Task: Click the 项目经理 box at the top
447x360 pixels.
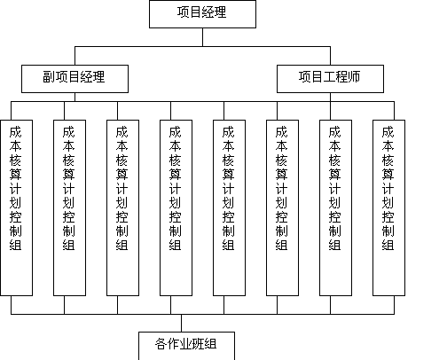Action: (x=202, y=14)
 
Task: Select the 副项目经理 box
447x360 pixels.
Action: (x=74, y=79)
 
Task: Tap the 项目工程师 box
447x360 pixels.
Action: (x=330, y=79)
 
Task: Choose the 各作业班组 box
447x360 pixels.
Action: (x=186, y=346)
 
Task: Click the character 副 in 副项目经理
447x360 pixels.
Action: (x=49, y=77)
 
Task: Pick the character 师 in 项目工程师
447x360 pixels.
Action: (x=354, y=77)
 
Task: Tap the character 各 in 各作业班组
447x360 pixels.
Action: (x=161, y=344)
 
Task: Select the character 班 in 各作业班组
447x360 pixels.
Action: (x=198, y=344)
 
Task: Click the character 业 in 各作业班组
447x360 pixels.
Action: (x=185, y=344)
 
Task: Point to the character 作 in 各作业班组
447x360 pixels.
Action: (x=173, y=344)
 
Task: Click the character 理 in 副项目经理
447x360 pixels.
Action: (x=98, y=77)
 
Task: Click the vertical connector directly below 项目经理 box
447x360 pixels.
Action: (x=202, y=37)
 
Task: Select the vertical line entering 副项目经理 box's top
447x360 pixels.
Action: (x=74, y=56)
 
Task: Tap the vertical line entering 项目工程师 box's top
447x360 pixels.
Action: (x=330, y=56)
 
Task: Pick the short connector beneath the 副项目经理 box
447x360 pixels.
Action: (x=74, y=98)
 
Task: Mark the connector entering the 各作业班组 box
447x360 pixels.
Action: (x=181, y=323)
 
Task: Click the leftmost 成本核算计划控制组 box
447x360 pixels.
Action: (x=16, y=207)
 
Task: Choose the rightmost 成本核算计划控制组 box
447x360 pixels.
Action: (x=388, y=207)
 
